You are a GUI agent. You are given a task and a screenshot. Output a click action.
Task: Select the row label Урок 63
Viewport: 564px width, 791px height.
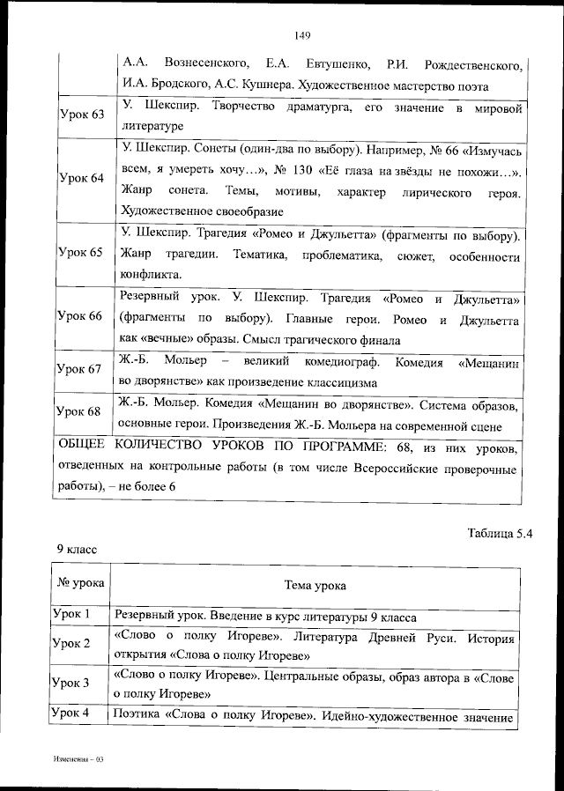(81, 115)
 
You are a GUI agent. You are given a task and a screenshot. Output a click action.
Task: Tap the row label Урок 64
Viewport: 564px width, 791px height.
(81, 179)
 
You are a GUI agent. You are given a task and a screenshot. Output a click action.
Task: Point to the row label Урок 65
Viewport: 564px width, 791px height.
(81, 253)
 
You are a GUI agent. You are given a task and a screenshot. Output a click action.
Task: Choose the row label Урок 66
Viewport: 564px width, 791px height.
(81, 316)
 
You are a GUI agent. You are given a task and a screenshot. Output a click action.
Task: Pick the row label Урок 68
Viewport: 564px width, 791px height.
(81, 411)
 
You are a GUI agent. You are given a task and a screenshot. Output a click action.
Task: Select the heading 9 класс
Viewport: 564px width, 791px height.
(77, 549)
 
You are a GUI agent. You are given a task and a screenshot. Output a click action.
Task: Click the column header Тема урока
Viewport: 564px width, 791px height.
(315, 585)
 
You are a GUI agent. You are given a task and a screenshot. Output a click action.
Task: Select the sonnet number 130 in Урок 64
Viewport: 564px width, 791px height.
(306, 171)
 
